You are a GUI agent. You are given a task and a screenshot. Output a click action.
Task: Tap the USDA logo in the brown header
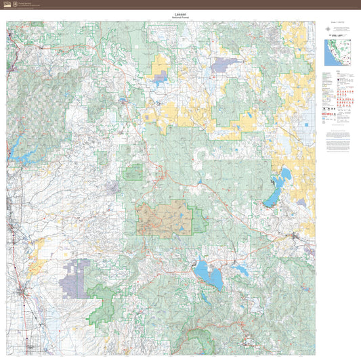[x=7, y=4]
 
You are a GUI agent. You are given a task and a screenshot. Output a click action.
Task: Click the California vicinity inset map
[x=337, y=53]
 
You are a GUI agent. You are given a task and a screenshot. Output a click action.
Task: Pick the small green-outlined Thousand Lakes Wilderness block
[x=133, y=172]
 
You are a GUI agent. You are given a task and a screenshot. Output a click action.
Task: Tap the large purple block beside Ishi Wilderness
[x=73, y=282]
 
